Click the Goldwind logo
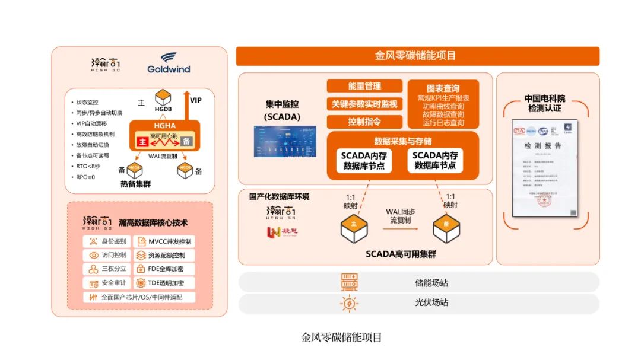169,63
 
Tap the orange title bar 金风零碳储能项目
417,56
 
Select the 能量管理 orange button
364,86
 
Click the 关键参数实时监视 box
364,104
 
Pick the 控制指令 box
364,122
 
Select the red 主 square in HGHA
142,142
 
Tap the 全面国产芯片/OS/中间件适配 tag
139,297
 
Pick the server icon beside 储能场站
349,283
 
